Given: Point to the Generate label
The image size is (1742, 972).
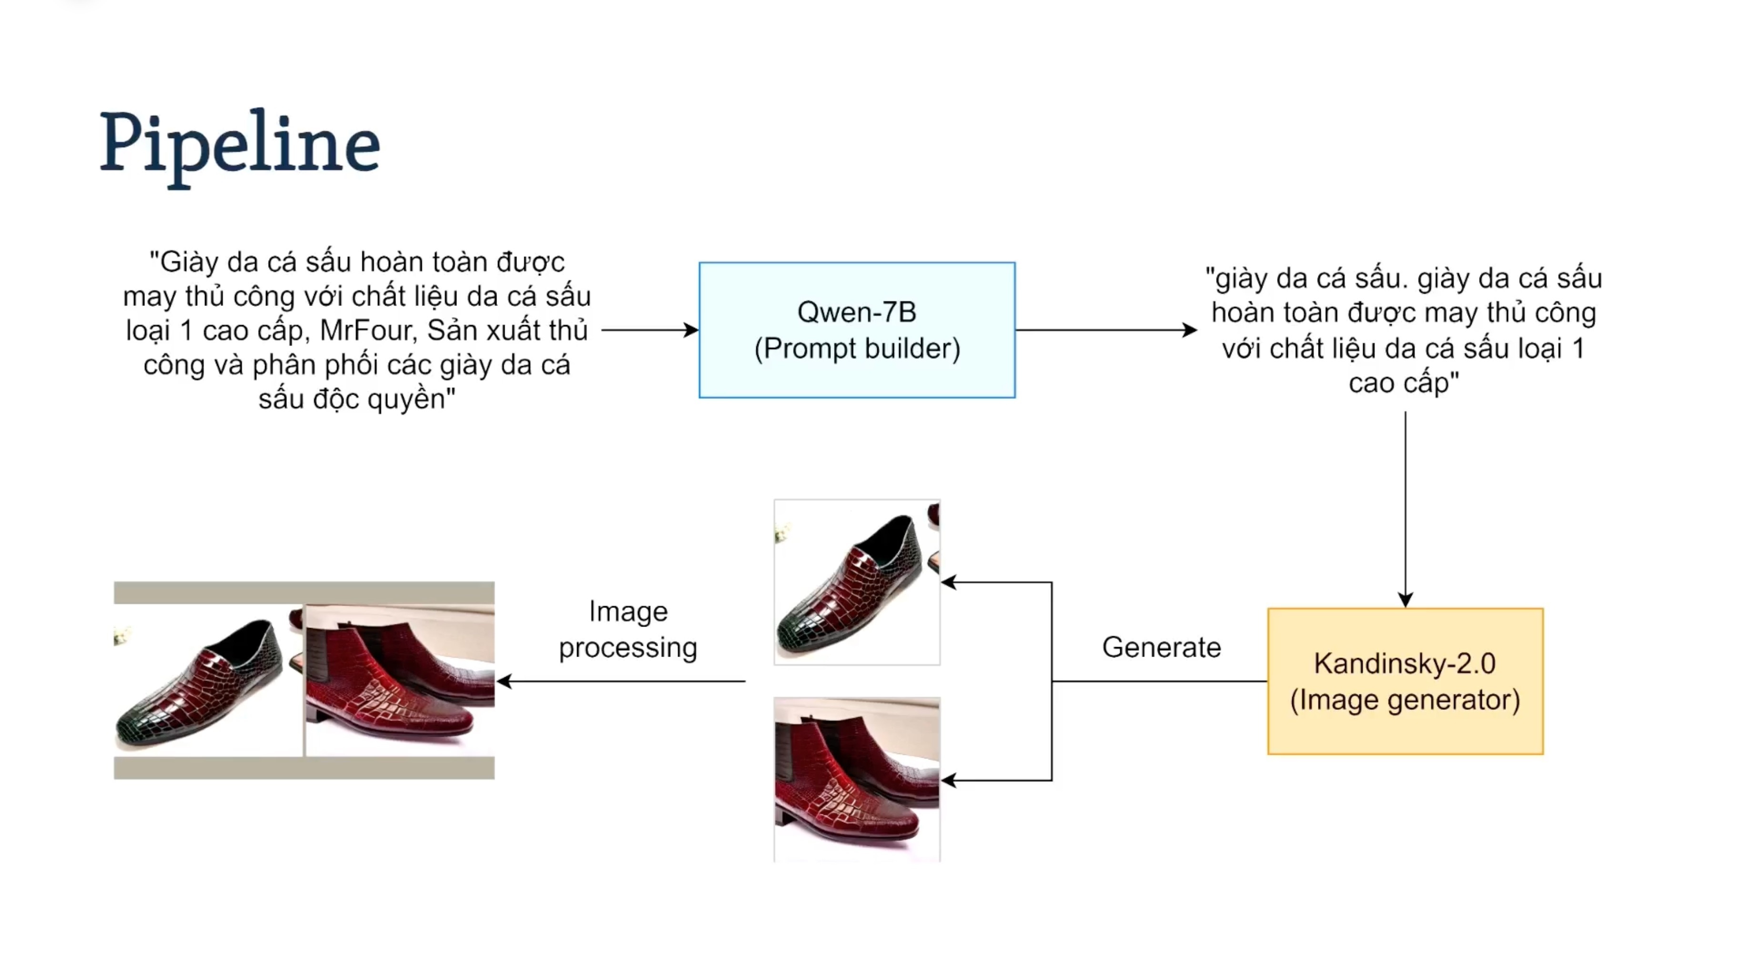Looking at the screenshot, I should (1161, 648).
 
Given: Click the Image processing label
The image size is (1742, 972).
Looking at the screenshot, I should (628, 629).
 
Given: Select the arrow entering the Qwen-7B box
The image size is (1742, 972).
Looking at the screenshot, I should (649, 330).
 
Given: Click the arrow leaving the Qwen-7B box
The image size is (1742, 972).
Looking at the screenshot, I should (1105, 330).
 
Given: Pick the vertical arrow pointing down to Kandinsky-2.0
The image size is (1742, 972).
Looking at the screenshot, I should (1405, 507).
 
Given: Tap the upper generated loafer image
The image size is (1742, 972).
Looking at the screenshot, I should (857, 582).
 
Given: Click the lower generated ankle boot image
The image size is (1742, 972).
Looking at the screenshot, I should (857, 779).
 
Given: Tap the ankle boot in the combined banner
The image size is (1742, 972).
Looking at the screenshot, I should (399, 680).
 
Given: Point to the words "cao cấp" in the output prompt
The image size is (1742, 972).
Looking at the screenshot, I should (1403, 383).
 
